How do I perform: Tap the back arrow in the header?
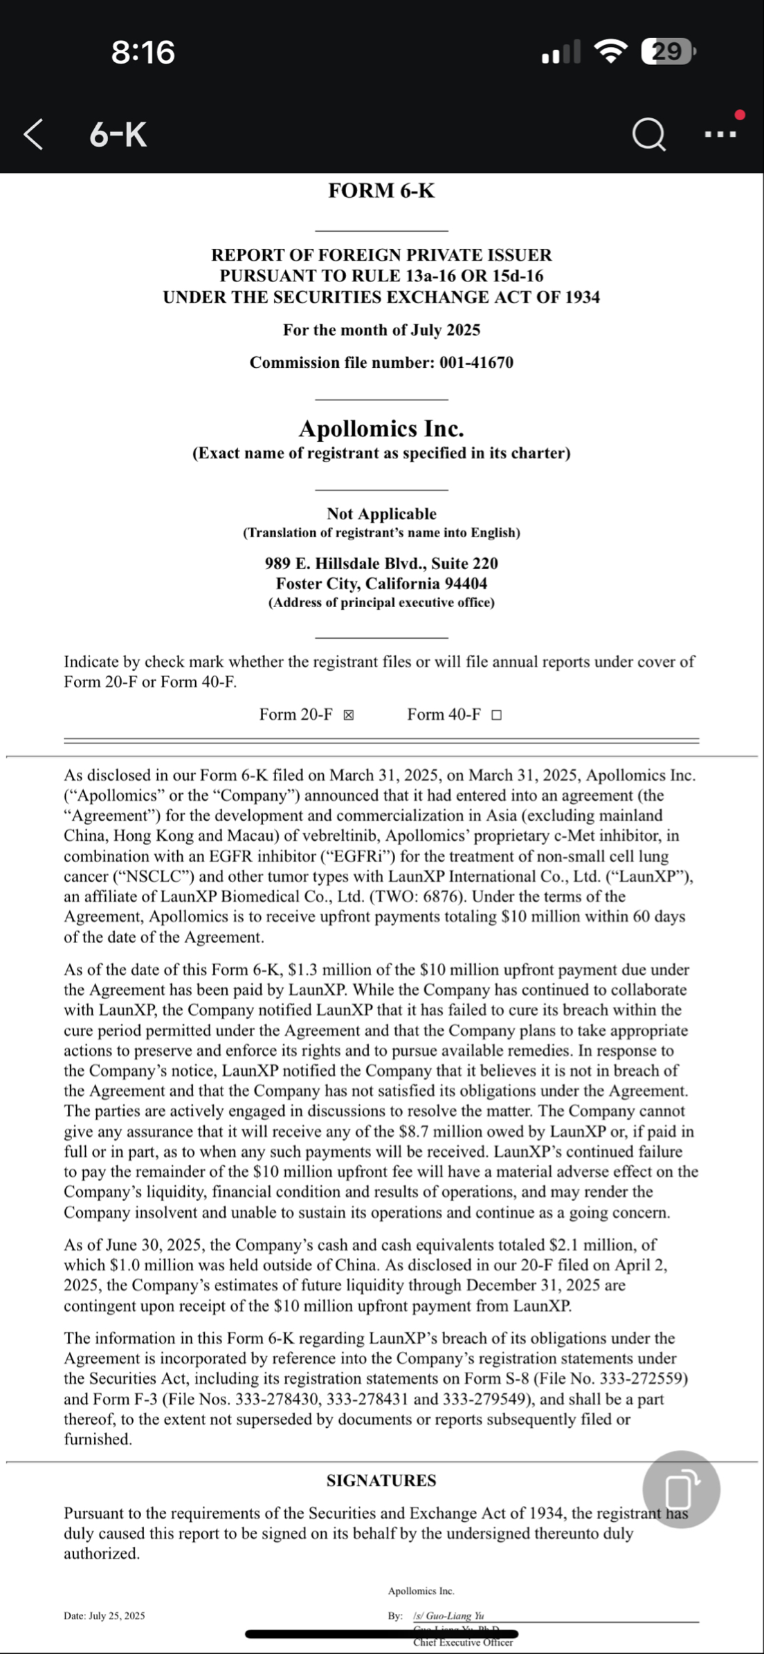pyautogui.click(x=33, y=134)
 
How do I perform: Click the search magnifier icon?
pyautogui.click(x=648, y=135)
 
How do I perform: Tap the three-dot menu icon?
pyautogui.click(x=720, y=134)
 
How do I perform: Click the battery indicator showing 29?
pyautogui.click(x=667, y=52)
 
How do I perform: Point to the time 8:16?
pyautogui.click(x=143, y=53)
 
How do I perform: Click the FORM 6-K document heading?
pyautogui.click(x=381, y=191)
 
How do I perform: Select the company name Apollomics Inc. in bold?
pyautogui.click(x=381, y=429)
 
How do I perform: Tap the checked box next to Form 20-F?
pyautogui.click(x=349, y=715)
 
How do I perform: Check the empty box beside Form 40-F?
pyautogui.click(x=496, y=715)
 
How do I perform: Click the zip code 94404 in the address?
pyautogui.click(x=466, y=584)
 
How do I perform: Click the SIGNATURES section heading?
pyautogui.click(x=381, y=1480)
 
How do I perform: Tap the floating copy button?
pyautogui.click(x=681, y=1489)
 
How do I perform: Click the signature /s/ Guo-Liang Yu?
pyautogui.click(x=448, y=1616)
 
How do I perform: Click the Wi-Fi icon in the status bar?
pyautogui.click(x=610, y=52)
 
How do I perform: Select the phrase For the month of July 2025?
pyautogui.click(x=381, y=331)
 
